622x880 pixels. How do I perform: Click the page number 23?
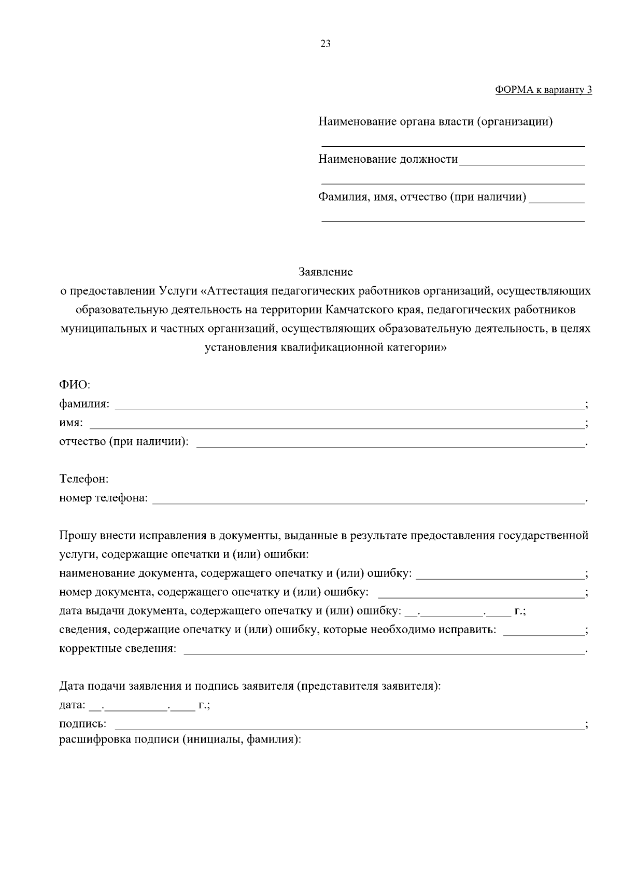coord(326,44)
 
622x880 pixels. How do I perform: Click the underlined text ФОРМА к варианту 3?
coord(543,90)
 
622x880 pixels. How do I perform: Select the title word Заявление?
coord(326,272)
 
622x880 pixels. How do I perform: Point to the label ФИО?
coord(75,385)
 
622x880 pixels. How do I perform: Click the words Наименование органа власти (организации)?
coord(435,122)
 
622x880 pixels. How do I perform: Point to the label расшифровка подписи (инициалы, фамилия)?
coord(180,739)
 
